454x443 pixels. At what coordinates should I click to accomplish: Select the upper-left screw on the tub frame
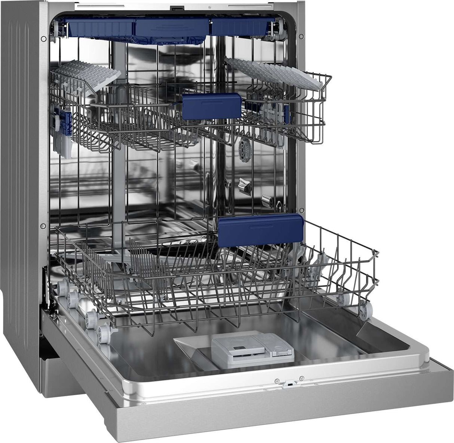(44, 38)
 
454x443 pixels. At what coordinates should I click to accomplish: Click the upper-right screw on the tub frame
(301, 36)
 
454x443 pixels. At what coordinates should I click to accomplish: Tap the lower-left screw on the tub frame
(43, 226)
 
